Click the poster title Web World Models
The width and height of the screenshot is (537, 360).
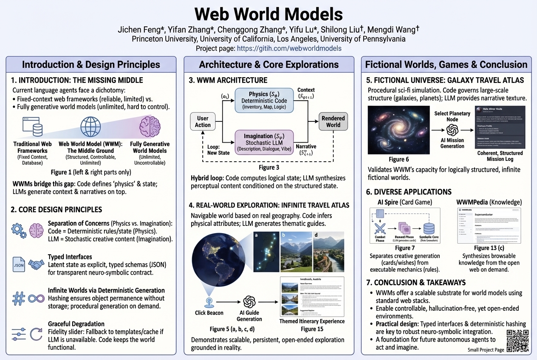pyautogui.click(x=268, y=14)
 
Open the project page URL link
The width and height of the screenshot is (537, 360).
pyautogui.click(x=289, y=48)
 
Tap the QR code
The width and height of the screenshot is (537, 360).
pyautogui.click(x=517, y=341)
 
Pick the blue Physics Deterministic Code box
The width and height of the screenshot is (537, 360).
pyautogui.click(x=264, y=100)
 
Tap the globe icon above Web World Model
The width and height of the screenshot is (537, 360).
pyautogui.click(x=91, y=127)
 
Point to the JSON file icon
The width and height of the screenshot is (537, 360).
pyautogui.click(x=19, y=265)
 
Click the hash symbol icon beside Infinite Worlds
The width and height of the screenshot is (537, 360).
pyautogui.click(x=19, y=298)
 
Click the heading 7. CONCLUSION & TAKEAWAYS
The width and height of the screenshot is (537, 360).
pyautogui.click(x=417, y=282)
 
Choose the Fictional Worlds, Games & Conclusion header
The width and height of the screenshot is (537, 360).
pyautogui.click(x=446, y=65)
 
